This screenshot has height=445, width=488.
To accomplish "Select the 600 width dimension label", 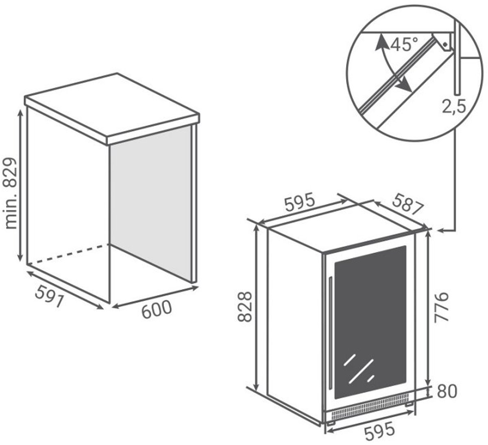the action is coord(157,309).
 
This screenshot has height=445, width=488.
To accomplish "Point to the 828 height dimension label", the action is coord(245,307).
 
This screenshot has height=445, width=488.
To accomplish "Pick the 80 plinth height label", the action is coord(447,391).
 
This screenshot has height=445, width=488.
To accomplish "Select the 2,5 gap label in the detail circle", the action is coord(453,106).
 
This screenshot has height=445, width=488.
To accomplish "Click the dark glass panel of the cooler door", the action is coord(370,322).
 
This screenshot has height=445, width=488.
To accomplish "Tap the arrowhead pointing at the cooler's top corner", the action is coord(440,230).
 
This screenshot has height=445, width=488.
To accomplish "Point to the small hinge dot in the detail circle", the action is coord(445,45).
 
